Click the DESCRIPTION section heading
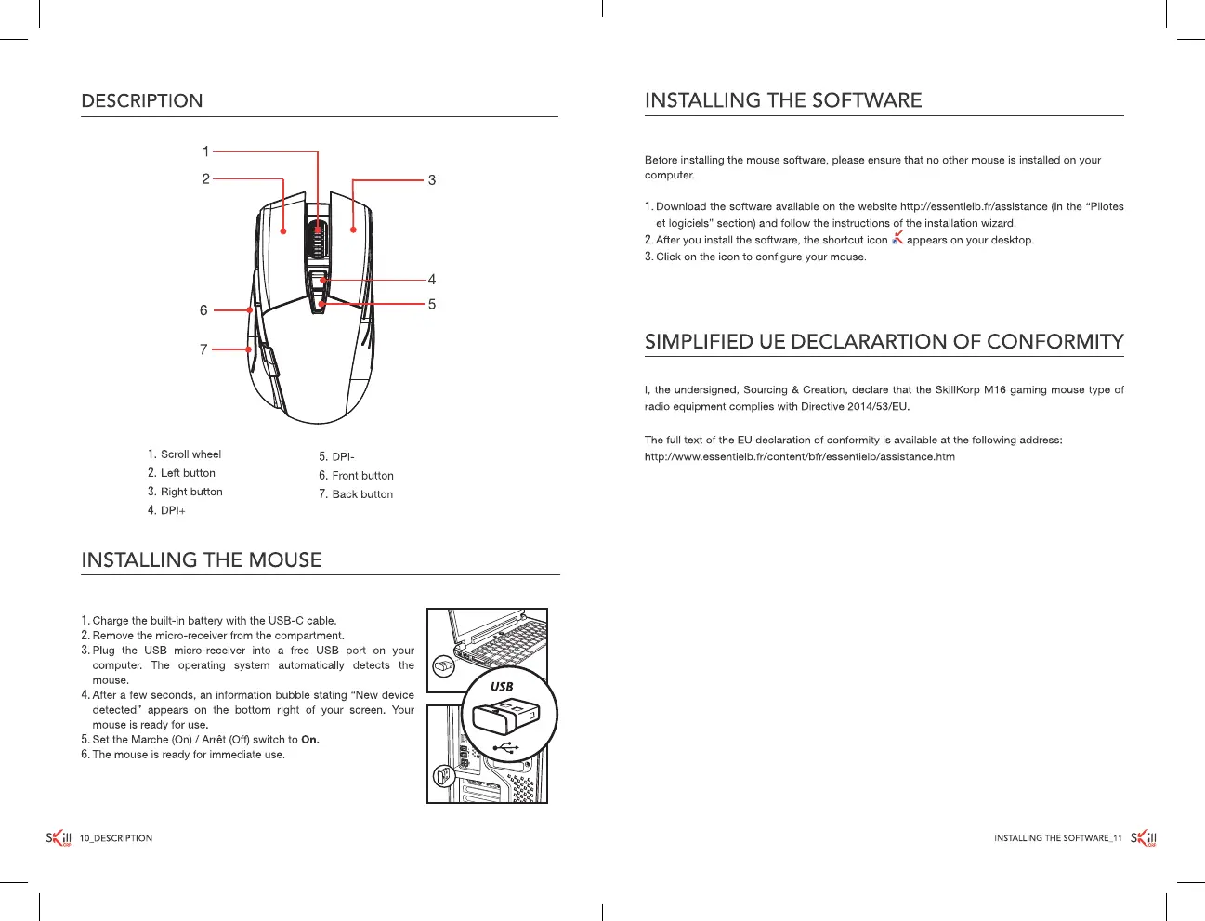click(x=141, y=100)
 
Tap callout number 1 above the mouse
click(x=206, y=151)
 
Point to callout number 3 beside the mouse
click(x=432, y=180)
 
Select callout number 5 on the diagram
click(x=432, y=304)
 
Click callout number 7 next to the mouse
click(x=203, y=349)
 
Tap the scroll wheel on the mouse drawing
click(x=318, y=243)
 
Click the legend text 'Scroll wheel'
click(x=190, y=454)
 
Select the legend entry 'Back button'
click(x=362, y=494)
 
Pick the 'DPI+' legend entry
click(x=173, y=511)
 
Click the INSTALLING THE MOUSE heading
click(x=202, y=559)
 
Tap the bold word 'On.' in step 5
click(x=310, y=740)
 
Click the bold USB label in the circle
click(x=502, y=687)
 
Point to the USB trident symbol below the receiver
click(x=504, y=747)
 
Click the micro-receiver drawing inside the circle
click(x=502, y=716)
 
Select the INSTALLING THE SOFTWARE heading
click(x=783, y=100)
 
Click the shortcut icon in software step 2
click(x=897, y=239)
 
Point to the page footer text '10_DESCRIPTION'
click(x=116, y=838)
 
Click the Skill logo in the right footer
click(x=1144, y=838)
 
